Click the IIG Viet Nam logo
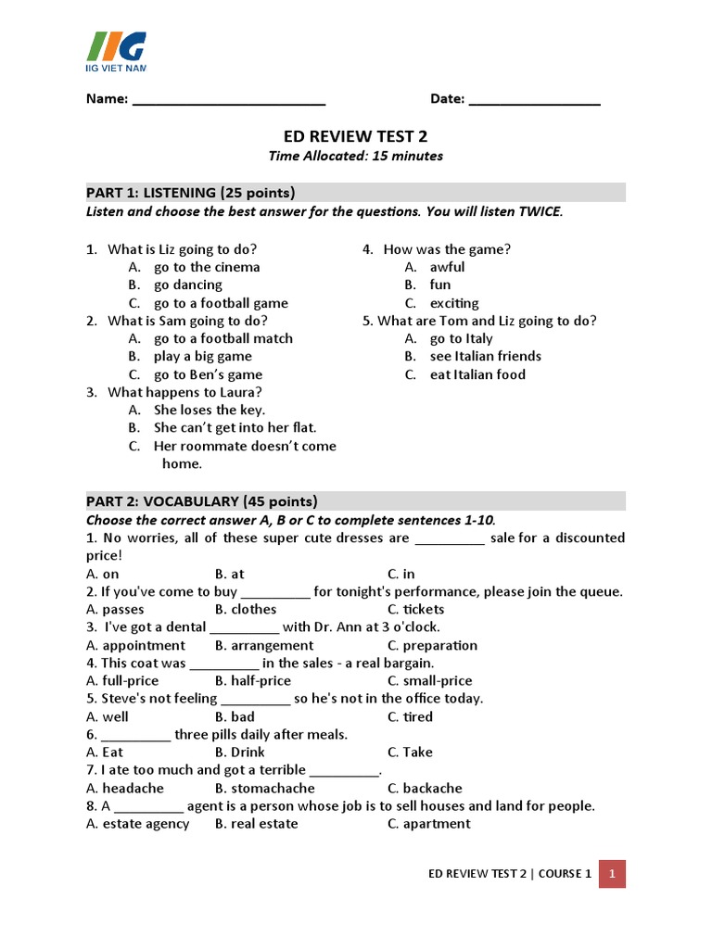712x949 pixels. (117, 51)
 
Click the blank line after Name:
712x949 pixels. (229, 100)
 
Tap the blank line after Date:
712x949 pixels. (535, 100)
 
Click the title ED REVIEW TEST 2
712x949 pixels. (355, 135)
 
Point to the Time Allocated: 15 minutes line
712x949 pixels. (355, 156)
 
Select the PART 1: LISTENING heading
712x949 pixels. (191, 193)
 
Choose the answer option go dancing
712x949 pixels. (187, 285)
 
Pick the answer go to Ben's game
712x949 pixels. (208, 374)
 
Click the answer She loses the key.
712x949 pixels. (209, 410)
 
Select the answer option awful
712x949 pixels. (447, 267)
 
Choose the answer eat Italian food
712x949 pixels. (477, 374)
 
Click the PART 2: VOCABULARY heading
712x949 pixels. (202, 501)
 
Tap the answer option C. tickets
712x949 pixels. (416, 609)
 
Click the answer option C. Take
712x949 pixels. (410, 752)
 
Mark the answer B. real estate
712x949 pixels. (256, 823)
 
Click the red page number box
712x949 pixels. (612, 873)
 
